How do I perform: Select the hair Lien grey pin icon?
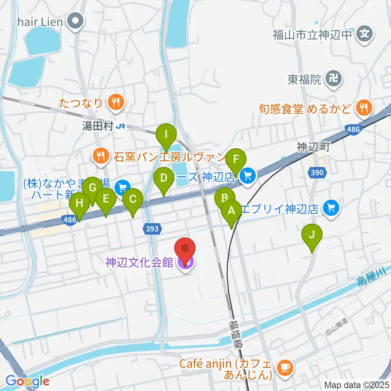[x=76, y=21]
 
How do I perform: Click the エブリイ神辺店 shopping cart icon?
[x=330, y=209]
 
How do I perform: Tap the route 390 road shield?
[x=317, y=173]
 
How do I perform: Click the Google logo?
[x=27, y=381]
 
